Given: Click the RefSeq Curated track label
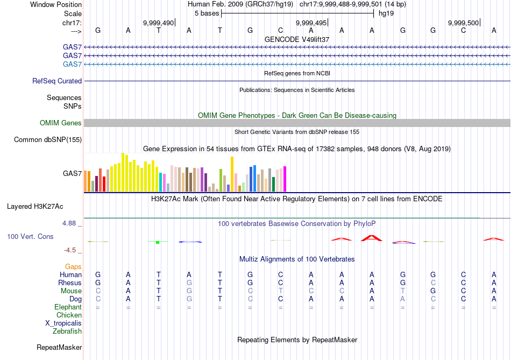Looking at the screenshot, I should tap(57, 81).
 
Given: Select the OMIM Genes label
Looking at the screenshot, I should tap(61, 123).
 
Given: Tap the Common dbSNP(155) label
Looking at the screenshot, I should tap(48, 140).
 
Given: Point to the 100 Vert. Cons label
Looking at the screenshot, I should tap(31, 236).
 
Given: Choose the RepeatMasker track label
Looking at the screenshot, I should tap(59, 347).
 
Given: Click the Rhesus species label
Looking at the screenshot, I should tap(70, 283).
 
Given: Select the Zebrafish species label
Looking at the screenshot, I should tap(67, 331).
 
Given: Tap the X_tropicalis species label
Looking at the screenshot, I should tap(63, 323).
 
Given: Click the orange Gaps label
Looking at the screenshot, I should tap(74, 266).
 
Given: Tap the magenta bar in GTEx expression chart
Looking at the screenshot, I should tap(285, 179).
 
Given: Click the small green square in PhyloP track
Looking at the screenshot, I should tap(158, 243).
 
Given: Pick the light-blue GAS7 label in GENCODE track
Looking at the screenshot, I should tap(73, 65).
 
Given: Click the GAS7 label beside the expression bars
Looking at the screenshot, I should tap(73, 173).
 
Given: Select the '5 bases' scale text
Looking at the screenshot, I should tap(207, 13).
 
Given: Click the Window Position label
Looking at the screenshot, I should tap(56, 4).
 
